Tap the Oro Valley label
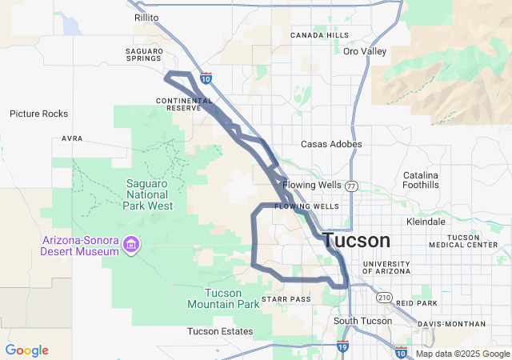[365, 51]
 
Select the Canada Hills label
[319, 35]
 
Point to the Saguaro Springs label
[144, 54]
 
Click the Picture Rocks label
[38, 114]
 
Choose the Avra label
[72, 138]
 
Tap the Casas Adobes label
[331, 144]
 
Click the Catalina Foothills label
[421, 180]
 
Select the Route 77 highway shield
[352, 186]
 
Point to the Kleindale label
[426, 221]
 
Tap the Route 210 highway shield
[385, 298]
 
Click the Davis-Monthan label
[451, 324]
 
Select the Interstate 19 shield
[342, 346]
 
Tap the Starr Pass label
[285, 298]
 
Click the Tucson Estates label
[220, 331]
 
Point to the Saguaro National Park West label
[148, 194]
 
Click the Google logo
[26, 350]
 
